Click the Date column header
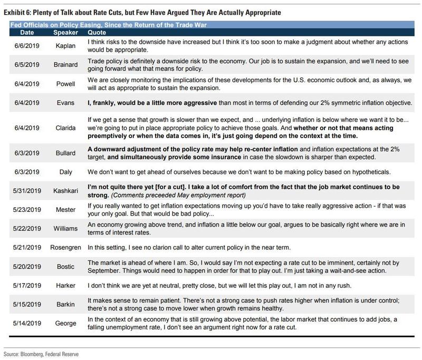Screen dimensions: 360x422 (20, 32)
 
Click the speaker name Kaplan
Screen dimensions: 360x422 (66, 46)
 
